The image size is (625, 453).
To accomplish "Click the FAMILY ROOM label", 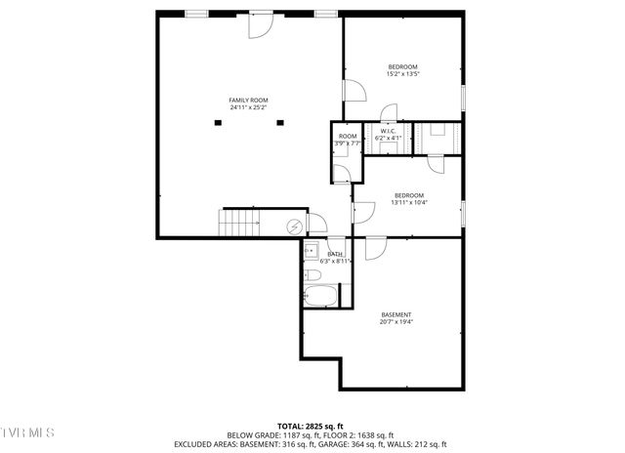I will point(248,100).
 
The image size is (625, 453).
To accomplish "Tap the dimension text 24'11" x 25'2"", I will point(248,107).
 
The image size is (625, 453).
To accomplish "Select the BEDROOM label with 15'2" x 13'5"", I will point(402,66).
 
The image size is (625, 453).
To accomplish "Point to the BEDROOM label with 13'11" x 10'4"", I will point(408,194).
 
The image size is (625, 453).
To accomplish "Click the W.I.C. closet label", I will point(387,131).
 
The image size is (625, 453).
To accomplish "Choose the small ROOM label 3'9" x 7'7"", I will point(348,136).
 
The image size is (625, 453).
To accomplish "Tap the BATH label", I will point(335,254).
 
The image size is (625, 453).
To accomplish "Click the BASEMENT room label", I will point(396,314).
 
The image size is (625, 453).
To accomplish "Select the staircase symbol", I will point(240,223).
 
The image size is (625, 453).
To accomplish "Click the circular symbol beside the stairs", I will point(294,226).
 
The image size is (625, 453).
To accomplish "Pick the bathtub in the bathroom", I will point(321,297).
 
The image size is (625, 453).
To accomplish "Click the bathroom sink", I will point(311,250).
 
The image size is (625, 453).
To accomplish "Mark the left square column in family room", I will point(218,122).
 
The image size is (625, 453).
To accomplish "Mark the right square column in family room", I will point(279,122).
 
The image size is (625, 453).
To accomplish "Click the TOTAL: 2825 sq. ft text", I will point(312,427).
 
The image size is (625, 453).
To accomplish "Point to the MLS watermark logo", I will point(27,432).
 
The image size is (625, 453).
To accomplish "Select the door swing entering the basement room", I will point(375,248).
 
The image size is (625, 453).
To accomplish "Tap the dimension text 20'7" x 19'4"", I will point(396,322).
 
